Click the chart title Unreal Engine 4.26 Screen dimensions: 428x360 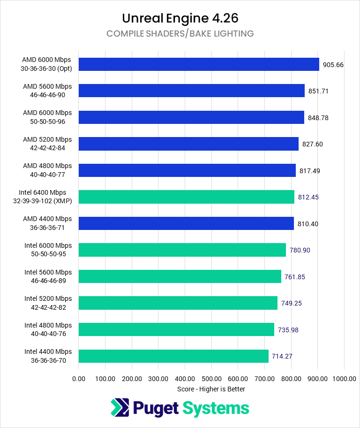click(x=180, y=18)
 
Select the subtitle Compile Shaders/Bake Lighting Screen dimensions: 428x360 click(x=180, y=34)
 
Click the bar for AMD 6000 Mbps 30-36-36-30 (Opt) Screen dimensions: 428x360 click(x=199, y=64)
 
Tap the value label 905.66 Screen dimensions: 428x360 click(x=333, y=65)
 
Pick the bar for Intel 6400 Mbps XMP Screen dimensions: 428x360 click(x=187, y=197)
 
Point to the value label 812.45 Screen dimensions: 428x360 click(x=308, y=197)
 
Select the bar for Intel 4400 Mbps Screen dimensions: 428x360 click(x=173, y=356)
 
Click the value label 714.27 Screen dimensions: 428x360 click(x=282, y=356)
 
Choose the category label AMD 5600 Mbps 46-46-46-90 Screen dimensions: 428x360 click(x=47, y=91)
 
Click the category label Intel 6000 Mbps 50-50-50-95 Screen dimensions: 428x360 click(x=48, y=250)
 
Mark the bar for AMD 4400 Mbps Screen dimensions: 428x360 click(x=186, y=223)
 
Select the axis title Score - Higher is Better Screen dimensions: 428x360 click(x=211, y=389)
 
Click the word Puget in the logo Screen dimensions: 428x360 click(x=157, y=408)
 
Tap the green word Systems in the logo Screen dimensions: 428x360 click(x=216, y=408)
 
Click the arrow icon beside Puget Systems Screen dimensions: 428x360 click(x=120, y=408)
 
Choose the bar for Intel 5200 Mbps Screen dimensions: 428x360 click(x=178, y=303)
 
